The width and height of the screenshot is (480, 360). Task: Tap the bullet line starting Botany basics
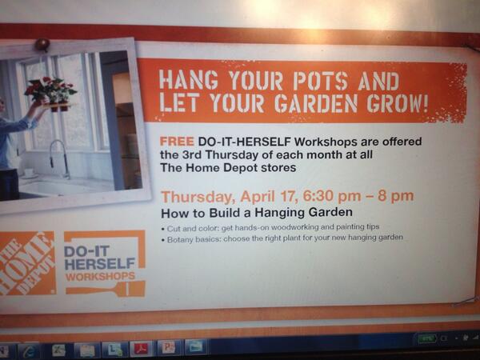click(285, 238)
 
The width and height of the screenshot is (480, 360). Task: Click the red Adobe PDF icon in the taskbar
click(141, 348)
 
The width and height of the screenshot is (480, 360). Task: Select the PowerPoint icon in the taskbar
click(167, 347)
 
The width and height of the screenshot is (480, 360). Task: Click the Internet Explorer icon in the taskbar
click(30, 350)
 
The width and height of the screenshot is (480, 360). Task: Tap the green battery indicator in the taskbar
click(427, 339)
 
